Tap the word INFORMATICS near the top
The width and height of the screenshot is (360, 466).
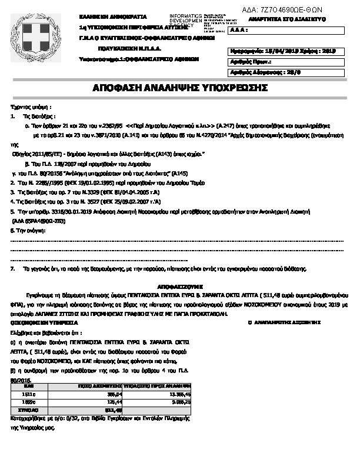[x=185, y=14]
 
